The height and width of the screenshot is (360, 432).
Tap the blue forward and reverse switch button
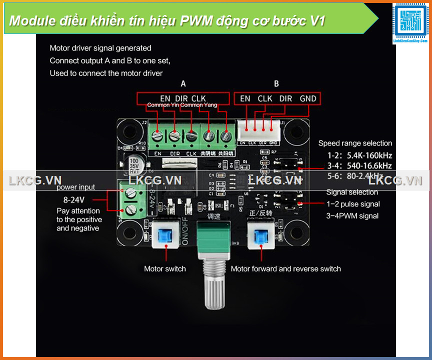261,234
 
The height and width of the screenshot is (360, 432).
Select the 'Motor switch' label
164,269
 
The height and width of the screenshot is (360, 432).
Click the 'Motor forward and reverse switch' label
285,269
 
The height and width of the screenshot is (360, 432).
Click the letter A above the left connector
183,83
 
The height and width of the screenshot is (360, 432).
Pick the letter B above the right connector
276,83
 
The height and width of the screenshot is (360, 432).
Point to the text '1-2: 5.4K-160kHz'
359,155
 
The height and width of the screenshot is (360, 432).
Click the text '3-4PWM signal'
352,216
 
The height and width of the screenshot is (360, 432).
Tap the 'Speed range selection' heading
355,143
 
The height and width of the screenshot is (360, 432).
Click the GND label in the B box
308,98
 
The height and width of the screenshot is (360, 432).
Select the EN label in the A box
165,98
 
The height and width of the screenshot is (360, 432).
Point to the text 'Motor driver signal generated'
100,48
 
